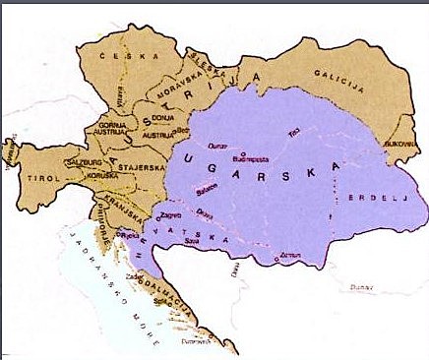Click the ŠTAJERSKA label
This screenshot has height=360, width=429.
click(138, 168)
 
